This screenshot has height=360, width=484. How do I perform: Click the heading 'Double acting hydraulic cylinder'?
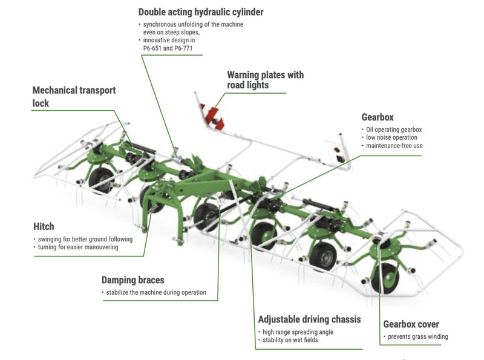click(201, 12)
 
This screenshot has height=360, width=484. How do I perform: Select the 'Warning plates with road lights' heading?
click(265, 80)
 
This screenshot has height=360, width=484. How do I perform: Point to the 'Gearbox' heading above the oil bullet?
click(378, 117)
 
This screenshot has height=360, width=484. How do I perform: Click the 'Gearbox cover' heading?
click(411, 324)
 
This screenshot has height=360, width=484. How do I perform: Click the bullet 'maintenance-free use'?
click(394, 146)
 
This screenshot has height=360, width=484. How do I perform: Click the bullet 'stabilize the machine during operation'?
click(155, 293)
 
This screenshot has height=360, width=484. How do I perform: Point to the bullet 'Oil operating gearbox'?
click(394, 129)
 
